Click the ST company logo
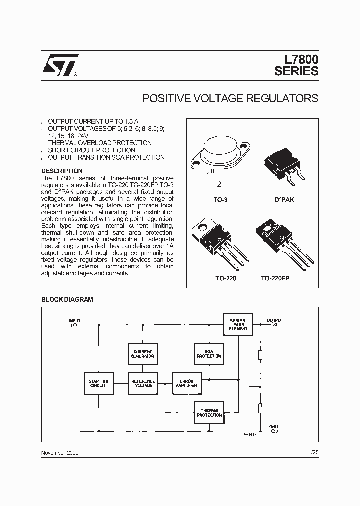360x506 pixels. (59, 65)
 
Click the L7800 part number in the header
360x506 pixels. (297, 59)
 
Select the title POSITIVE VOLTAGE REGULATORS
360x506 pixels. (230, 98)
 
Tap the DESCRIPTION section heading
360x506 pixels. (62, 171)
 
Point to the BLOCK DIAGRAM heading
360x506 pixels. (67, 300)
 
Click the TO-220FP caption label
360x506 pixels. (275, 278)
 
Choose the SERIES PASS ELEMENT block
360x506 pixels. (238, 324)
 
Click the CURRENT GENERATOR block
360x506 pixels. (143, 354)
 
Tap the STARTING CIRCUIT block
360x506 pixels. (98, 383)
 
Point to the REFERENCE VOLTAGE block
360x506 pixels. (143, 383)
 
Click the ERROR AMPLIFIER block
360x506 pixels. (187, 383)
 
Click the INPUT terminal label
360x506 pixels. (75, 321)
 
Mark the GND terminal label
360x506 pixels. (274, 427)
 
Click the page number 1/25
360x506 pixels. (313, 452)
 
